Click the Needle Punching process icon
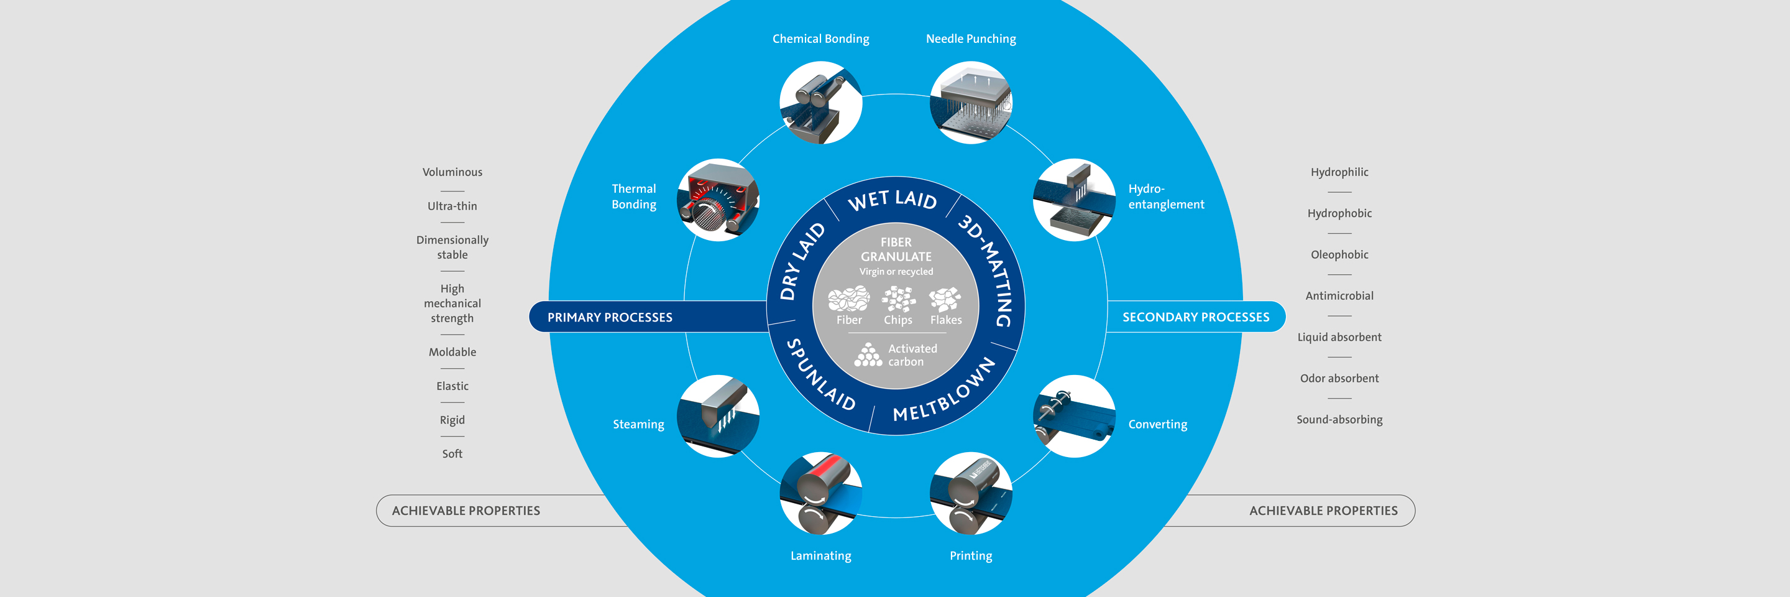[971, 103]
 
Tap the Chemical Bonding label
[820, 39]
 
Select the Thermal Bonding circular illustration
[718, 200]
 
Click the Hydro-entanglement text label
[1165, 197]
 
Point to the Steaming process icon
[718, 415]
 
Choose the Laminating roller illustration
[820, 493]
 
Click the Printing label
[971, 555]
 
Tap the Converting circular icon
[1073, 415]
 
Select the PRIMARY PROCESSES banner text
[609, 318]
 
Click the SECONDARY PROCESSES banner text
[1195, 317]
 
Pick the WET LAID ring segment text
[893, 200]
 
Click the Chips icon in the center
[897, 300]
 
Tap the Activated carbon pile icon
[868, 354]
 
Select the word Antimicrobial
[1339, 296]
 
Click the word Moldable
[452, 353]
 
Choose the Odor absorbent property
[1339, 379]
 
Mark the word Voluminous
[452, 172]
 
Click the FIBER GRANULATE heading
[896, 249]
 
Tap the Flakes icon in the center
[945, 300]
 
